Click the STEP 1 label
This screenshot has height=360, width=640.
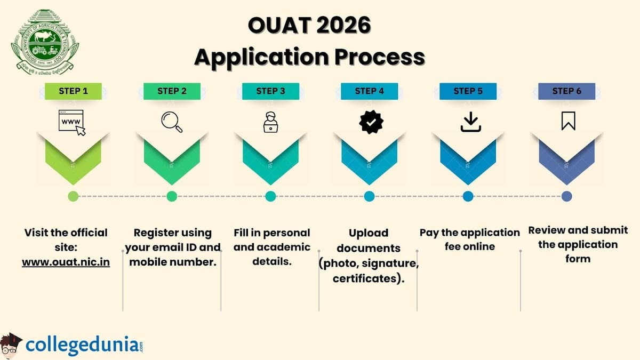point(73,91)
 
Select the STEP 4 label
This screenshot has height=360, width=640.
point(369,91)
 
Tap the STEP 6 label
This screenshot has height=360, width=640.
point(566,91)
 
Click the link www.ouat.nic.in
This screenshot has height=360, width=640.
point(66,262)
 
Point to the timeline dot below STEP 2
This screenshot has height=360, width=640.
point(172,196)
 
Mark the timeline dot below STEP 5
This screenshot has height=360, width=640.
point(468,196)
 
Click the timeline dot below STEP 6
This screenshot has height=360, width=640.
point(567,196)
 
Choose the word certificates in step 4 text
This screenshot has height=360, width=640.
point(366,278)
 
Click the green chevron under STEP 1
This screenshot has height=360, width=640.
point(73,157)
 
